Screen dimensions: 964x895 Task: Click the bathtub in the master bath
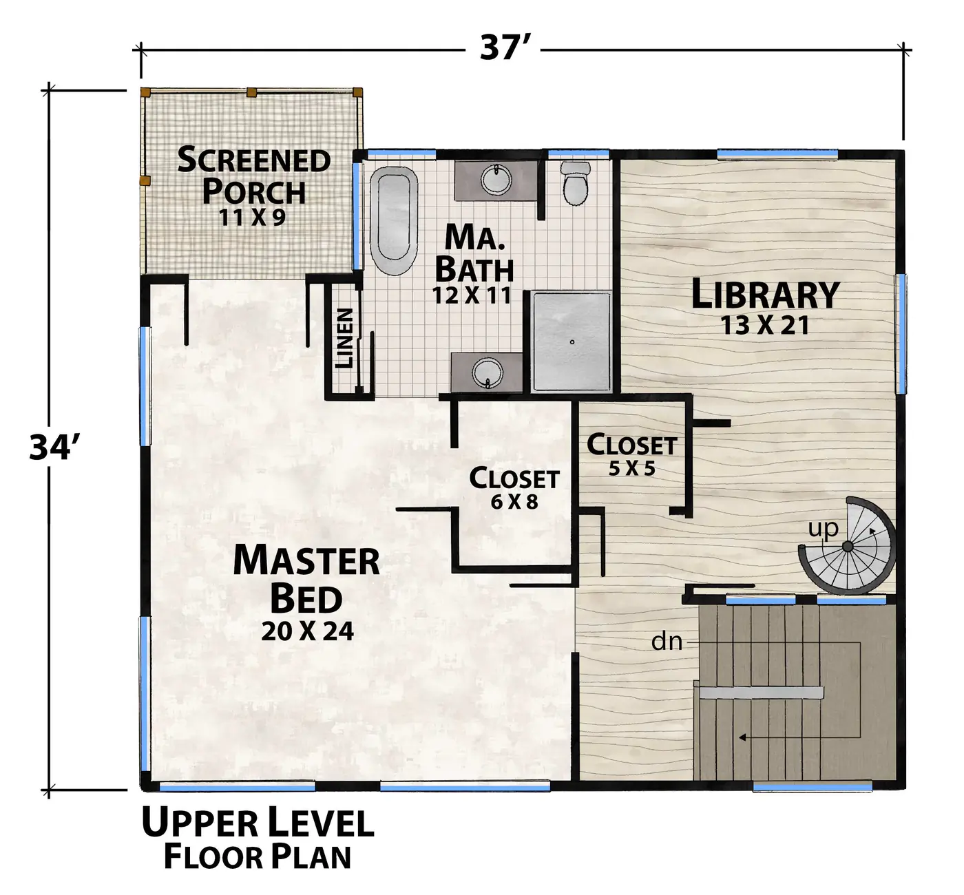(394, 221)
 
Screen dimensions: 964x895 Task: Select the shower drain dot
(572, 342)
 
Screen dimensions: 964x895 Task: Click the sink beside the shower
(488, 372)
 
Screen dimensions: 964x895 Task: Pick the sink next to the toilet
(496, 179)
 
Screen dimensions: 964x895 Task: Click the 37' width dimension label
(503, 48)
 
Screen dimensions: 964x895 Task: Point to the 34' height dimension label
(54, 447)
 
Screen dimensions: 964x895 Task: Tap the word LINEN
(344, 338)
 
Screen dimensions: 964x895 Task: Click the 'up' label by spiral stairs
(824, 529)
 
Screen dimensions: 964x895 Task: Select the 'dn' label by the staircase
(667, 641)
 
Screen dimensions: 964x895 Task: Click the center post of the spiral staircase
(848, 547)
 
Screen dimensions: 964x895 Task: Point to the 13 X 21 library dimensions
(765, 325)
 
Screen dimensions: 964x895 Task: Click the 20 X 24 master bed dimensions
(307, 631)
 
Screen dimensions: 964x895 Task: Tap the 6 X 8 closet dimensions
(514, 501)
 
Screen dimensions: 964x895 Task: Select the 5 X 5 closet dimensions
(632, 468)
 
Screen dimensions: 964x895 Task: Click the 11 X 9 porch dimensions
(252, 218)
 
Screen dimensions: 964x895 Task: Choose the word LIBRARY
(765, 294)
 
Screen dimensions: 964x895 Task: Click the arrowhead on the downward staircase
(742, 738)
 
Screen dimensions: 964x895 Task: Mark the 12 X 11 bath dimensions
(472, 295)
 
